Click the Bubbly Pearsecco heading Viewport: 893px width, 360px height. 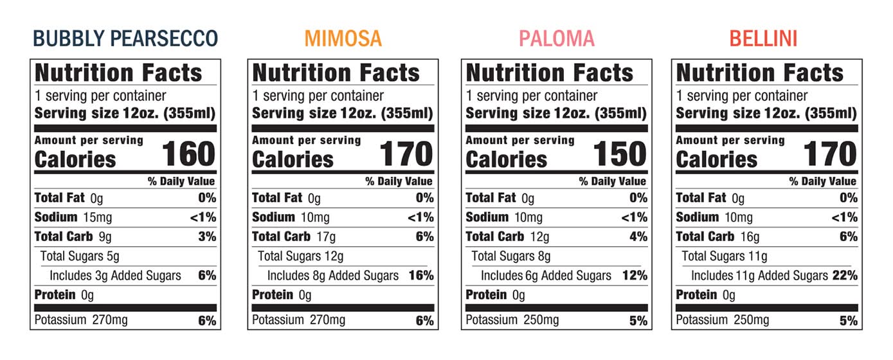(125, 39)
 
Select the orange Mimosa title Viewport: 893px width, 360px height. (343, 39)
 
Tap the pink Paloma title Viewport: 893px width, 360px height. (556, 39)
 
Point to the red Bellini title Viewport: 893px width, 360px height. (763, 39)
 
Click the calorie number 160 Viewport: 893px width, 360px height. (188, 154)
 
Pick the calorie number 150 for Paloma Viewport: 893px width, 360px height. (619, 154)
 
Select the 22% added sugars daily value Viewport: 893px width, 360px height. (845, 276)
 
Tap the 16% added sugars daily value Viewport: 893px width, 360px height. (421, 276)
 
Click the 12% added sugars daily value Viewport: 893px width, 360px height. (635, 276)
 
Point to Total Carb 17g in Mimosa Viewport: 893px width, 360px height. (294, 237)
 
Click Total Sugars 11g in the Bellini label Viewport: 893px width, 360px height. (725, 256)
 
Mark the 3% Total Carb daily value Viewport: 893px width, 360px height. (207, 237)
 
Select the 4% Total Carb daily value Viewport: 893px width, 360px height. (638, 237)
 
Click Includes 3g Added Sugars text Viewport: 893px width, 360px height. (115, 276)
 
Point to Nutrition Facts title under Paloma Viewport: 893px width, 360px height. (550, 73)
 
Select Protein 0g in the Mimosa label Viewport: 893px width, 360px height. (282, 295)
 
